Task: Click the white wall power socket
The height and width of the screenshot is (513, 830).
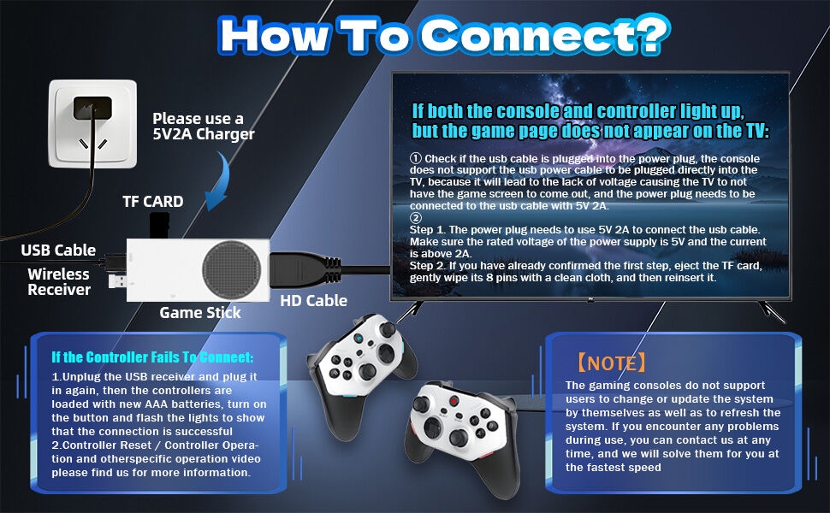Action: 93,121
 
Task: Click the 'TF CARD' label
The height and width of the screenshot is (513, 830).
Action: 151,202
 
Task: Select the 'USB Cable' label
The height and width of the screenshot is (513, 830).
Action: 58,251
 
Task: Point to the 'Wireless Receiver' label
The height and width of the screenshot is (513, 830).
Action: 58,282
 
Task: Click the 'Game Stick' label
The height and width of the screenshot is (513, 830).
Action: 200,313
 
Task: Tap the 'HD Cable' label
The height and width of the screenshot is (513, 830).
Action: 314,300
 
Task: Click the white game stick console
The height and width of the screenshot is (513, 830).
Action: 198,267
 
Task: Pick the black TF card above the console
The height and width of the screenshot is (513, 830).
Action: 157,225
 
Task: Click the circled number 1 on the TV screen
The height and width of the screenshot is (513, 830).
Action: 417,159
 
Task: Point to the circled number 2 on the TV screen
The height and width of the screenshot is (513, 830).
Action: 417,217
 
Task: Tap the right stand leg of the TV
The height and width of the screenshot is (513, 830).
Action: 774,312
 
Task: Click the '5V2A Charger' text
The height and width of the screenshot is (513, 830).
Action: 204,134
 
